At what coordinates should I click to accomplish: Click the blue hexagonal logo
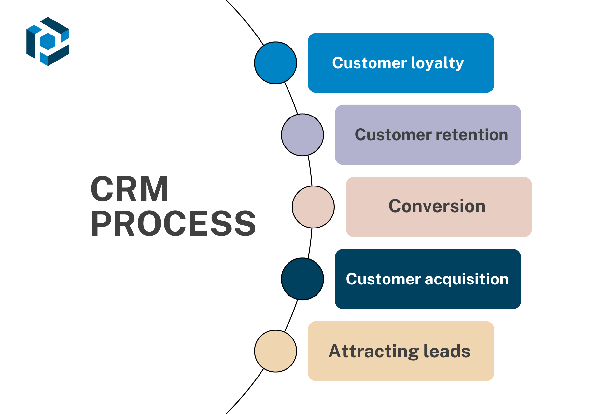pyautogui.click(x=48, y=41)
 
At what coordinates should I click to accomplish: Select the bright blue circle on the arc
pyautogui.click(x=275, y=63)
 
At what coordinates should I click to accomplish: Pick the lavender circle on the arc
pyautogui.click(x=302, y=135)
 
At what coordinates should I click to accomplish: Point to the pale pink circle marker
pyautogui.click(x=313, y=207)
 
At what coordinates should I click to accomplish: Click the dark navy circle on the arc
pyautogui.click(x=302, y=279)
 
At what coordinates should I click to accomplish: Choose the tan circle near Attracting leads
pyautogui.click(x=275, y=351)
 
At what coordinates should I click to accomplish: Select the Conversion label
pyautogui.click(x=437, y=206)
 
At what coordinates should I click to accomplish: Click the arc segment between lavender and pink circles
pyautogui.click(x=310, y=171)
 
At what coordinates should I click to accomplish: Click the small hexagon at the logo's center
pyautogui.click(x=48, y=42)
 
